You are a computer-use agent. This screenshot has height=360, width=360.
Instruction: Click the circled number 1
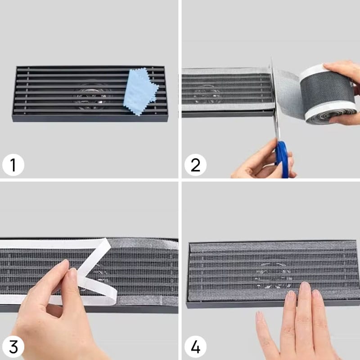click(x=13, y=165)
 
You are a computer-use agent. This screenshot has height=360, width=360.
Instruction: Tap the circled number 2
click(x=195, y=165)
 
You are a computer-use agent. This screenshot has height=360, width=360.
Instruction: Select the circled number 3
click(x=13, y=346)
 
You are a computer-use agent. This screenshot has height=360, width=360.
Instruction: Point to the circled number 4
click(x=195, y=346)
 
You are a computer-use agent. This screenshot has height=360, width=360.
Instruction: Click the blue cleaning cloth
click(x=140, y=91)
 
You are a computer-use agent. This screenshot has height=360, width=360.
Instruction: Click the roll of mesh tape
click(x=328, y=94)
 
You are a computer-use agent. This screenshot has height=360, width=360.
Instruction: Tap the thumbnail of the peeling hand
click(x=73, y=274)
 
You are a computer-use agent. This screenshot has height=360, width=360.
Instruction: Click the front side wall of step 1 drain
click(x=91, y=118)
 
